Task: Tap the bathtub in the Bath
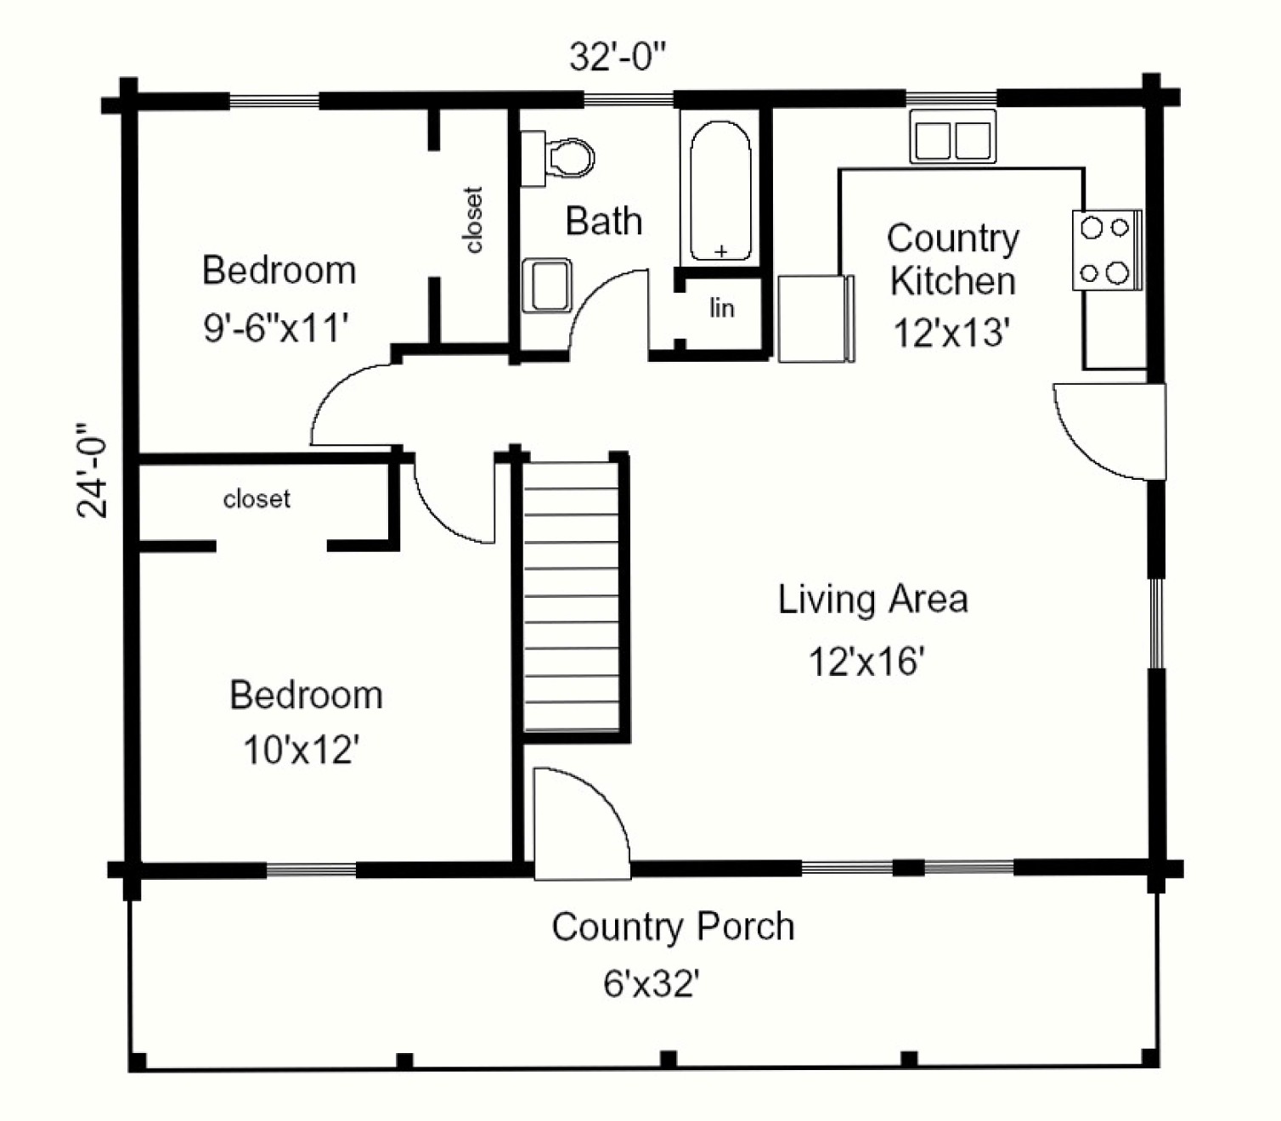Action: (720, 191)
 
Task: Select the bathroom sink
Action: (547, 285)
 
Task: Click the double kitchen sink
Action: (953, 137)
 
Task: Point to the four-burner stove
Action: (1107, 250)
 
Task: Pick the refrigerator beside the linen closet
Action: (815, 318)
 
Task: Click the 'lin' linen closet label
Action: (722, 307)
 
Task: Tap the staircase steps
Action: (571, 596)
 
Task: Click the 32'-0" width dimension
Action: (618, 57)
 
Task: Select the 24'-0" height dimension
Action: (92, 470)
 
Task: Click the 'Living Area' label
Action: (872, 599)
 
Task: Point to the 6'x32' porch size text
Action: (652, 984)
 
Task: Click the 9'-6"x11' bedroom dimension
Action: (275, 327)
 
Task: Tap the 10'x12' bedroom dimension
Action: (302, 749)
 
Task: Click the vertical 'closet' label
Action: (474, 220)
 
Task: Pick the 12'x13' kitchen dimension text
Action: (951, 332)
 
